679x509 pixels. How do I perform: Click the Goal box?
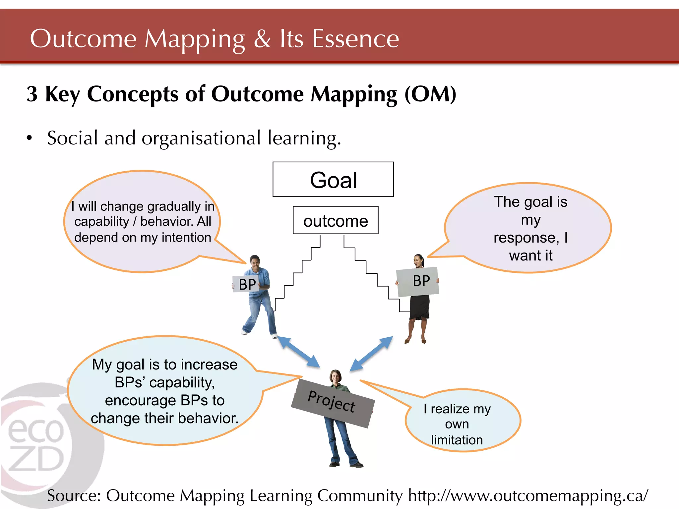tap(333, 180)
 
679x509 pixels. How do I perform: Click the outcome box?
tap(336, 221)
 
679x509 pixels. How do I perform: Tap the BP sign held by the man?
tap(246, 284)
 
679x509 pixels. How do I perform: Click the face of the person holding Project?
tap(336, 377)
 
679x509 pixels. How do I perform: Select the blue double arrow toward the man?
tap(298, 352)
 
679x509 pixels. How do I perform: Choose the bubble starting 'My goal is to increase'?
tap(165, 391)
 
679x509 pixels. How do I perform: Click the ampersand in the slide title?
tap(262, 39)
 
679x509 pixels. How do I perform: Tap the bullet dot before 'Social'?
tap(30, 138)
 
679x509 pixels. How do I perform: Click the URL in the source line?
tap(528, 496)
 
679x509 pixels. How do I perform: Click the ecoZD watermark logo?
tap(36, 444)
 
